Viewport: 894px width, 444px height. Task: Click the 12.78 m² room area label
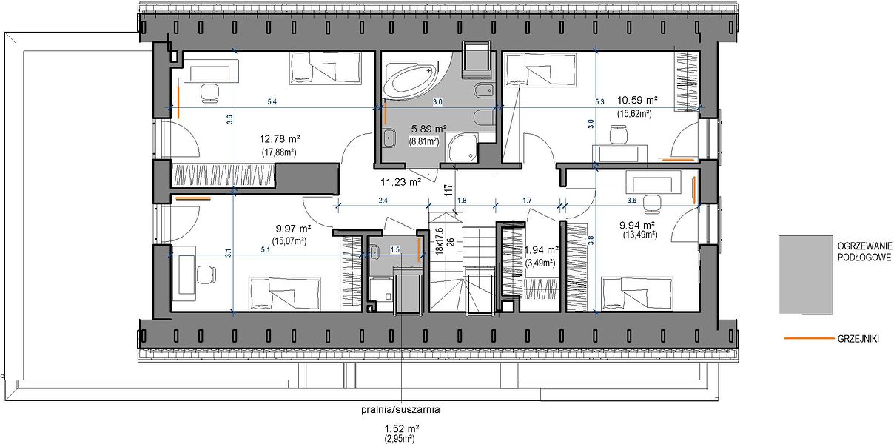(280, 139)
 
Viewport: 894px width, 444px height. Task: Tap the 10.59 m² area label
(637, 100)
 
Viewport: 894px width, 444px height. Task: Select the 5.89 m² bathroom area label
(429, 129)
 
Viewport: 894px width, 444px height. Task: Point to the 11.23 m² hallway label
(400, 182)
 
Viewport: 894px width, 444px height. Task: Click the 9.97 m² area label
(294, 229)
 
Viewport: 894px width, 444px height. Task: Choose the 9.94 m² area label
(637, 226)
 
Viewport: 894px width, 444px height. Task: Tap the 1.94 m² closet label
(542, 250)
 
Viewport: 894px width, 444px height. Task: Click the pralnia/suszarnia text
(400, 410)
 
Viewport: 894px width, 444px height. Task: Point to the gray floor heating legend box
(805, 275)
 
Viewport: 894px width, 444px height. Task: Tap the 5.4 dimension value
(272, 102)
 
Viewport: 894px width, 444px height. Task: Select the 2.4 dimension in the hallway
(383, 201)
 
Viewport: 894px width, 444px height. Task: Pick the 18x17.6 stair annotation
(440, 241)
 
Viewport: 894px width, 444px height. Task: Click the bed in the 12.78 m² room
(326, 68)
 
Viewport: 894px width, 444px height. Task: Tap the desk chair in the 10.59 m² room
(619, 134)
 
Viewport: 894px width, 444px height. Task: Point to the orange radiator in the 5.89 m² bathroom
(386, 114)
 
